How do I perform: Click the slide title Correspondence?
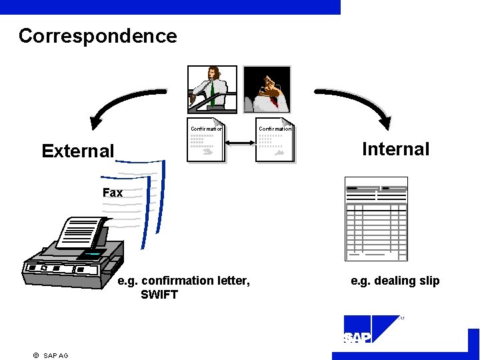click(x=98, y=36)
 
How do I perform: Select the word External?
click(x=78, y=151)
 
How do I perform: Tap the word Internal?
click(x=395, y=149)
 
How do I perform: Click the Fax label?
click(x=113, y=193)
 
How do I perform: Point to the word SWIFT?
click(x=159, y=294)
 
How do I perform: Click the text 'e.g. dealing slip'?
click(x=395, y=281)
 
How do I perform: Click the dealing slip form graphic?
click(x=375, y=219)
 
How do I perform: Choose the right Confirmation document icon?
click(x=274, y=142)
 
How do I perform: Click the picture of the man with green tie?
click(x=212, y=89)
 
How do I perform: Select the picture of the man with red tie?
click(x=266, y=89)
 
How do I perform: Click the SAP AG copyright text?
click(x=55, y=355)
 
